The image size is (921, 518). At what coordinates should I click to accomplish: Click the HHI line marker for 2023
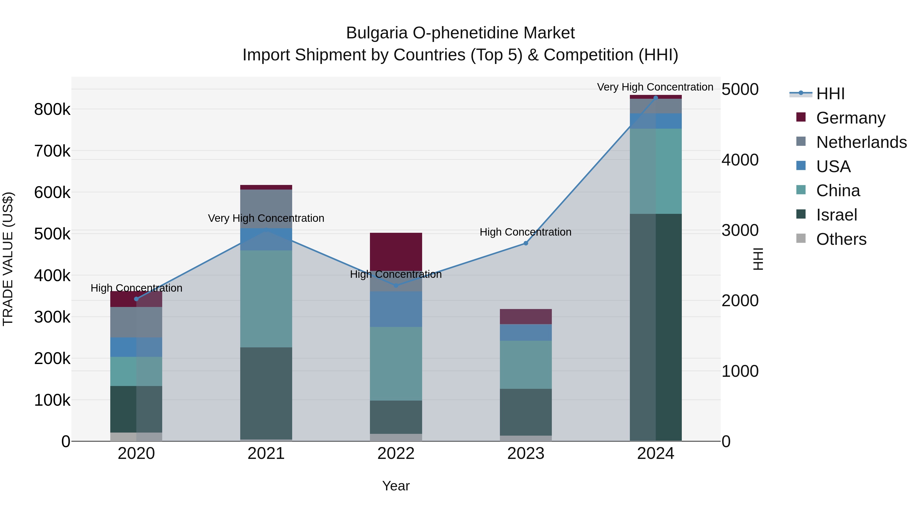[x=525, y=243]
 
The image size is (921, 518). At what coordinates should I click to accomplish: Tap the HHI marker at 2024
[x=655, y=98]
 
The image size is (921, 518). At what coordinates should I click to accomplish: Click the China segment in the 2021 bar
[x=266, y=299]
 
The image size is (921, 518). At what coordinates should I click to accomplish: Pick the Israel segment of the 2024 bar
[x=655, y=327]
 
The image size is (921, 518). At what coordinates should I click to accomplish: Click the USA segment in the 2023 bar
[x=525, y=333]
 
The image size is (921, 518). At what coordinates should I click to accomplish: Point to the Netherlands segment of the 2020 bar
[x=136, y=322]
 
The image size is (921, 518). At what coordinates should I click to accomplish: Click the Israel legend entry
[x=836, y=215]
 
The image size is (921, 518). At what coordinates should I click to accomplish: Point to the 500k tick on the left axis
[x=52, y=234]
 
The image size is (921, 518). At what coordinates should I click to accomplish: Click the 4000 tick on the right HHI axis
[x=740, y=160]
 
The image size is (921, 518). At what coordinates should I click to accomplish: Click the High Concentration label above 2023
[x=525, y=232]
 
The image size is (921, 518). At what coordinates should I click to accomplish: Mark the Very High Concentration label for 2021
[x=266, y=218]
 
